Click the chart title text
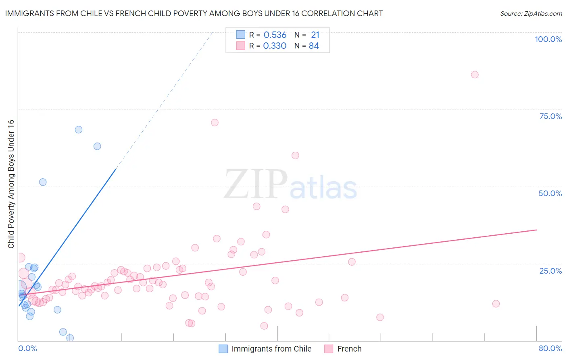194,13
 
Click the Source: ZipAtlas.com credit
531,13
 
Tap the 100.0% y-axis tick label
548,39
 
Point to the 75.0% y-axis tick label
550,116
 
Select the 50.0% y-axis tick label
550,193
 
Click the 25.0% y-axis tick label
550,271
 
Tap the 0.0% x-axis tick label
27,348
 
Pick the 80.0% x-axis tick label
550,348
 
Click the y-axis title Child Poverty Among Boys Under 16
11,184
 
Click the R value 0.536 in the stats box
275,35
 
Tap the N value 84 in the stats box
314,46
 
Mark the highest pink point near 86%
475,75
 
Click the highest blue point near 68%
79,130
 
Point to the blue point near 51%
43,182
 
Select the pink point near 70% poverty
215,123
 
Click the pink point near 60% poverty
295,155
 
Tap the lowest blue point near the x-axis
70,338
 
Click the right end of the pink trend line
536,230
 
